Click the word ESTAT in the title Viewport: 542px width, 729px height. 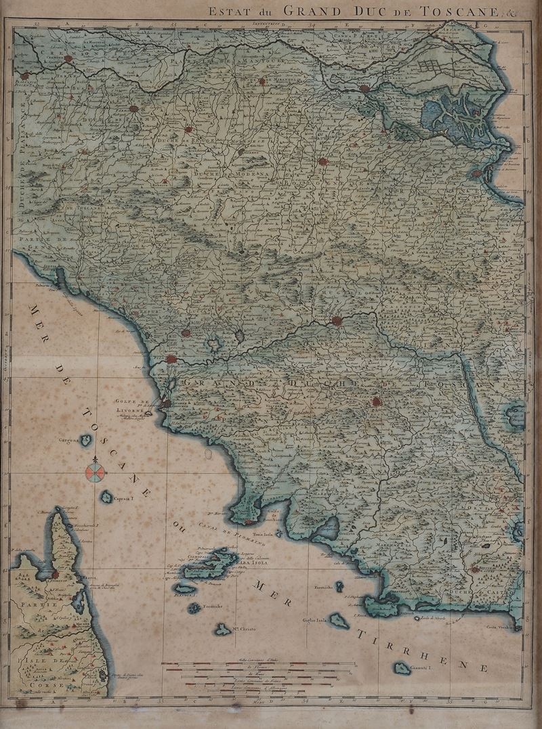pyautogui.click(x=223, y=10)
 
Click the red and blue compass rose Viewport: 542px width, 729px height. pyautogui.click(x=96, y=471)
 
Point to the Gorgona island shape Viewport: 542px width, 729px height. pyautogui.click(x=86, y=440)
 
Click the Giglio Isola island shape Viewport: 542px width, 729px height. pyautogui.click(x=339, y=621)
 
